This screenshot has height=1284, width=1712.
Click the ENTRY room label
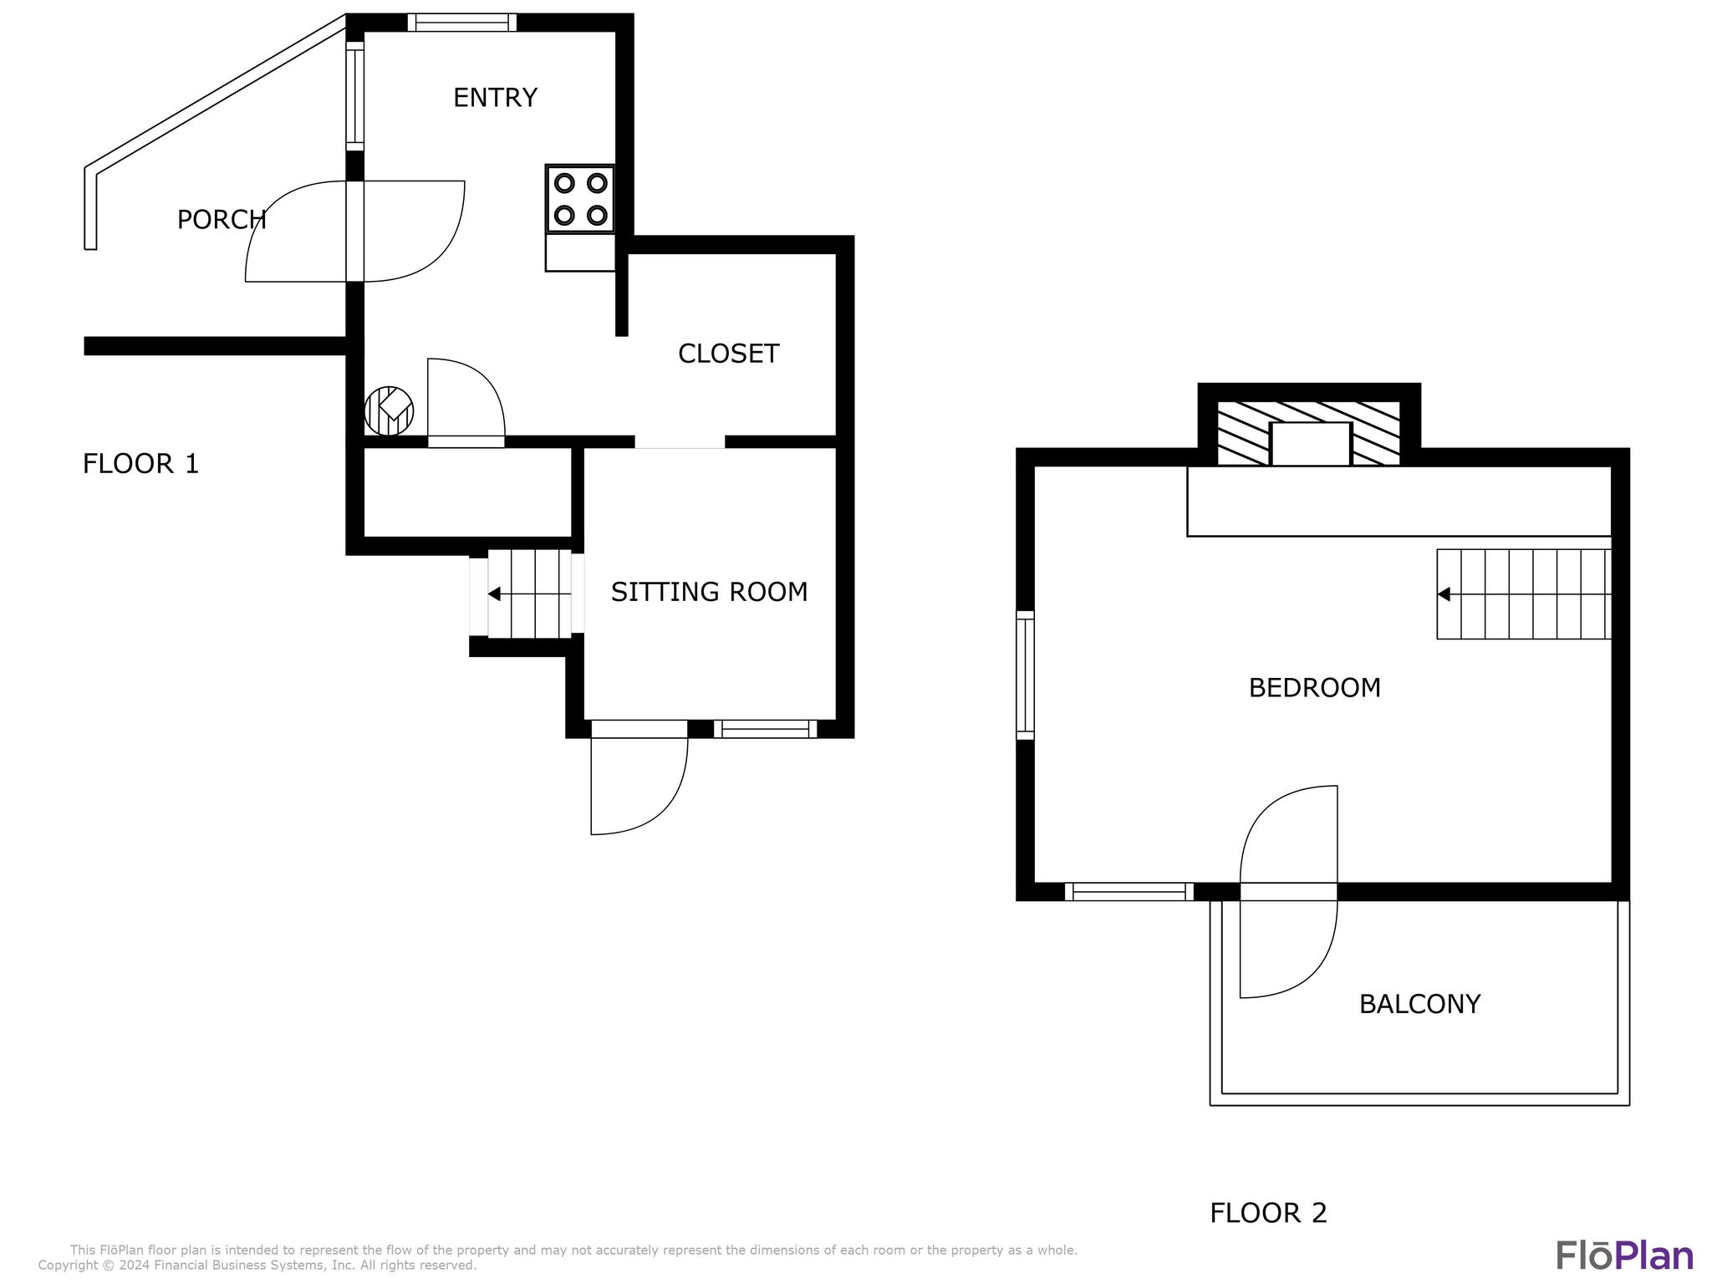(495, 98)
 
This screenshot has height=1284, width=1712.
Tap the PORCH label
(222, 220)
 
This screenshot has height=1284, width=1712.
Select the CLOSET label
(728, 354)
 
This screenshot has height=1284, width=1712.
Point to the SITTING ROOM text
(709, 592)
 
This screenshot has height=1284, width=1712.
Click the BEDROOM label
(1314, 688)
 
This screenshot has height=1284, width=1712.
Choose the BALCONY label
(1419, 1004)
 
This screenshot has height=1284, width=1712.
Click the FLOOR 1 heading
(140, 463)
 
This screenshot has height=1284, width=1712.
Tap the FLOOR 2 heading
(1268, 1213)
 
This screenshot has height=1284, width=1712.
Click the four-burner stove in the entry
(580, 199)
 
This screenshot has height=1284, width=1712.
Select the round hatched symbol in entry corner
(389, 410)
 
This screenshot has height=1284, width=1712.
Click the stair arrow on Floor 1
(495, 594)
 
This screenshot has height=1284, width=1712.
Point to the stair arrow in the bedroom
(1444, 594)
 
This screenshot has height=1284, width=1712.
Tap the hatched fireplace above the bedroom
(1309, 432)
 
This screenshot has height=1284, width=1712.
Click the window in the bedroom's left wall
(1025, 675)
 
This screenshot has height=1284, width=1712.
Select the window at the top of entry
(461, 23)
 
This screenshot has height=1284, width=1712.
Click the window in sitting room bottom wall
(765, 730)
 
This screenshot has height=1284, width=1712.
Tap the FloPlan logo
(1623, 1256)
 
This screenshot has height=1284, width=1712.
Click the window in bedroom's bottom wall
(1129, 892)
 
